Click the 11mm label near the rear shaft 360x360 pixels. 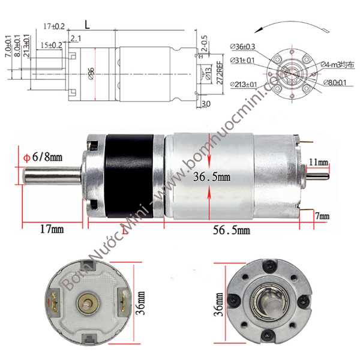tap(319, 163)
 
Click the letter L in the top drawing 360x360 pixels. tap(88, 26)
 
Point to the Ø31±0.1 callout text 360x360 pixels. tap(242, 60)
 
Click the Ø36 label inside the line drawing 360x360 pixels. tap(91, 74)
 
